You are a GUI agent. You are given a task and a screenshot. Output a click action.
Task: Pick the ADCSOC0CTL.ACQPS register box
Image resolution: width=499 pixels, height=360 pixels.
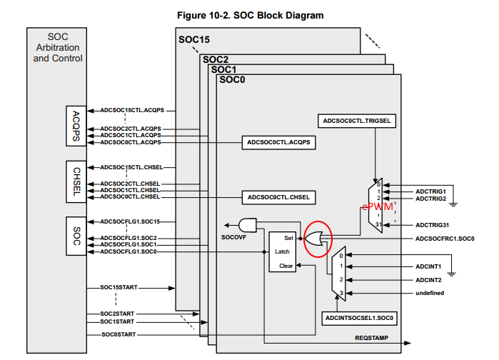[278, 142]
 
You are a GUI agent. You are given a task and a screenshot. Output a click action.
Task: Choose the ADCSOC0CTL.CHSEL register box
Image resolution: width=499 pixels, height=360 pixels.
[278, 196]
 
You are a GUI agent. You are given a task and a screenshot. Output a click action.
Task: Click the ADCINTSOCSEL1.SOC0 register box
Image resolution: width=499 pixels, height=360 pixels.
[360, 317]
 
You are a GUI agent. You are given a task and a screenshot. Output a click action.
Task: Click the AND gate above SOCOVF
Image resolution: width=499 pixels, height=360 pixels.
[248, 222]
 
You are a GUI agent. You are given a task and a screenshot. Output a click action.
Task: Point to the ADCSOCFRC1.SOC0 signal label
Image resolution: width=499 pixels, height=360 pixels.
[445, 238]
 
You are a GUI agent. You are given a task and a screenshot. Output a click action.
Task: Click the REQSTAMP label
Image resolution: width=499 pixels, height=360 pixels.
[371, 336]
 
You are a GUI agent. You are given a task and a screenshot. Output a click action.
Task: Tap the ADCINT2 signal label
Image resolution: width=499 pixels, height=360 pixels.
[428, 279]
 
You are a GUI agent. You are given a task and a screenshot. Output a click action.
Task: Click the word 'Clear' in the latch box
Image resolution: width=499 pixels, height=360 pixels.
[286, 266]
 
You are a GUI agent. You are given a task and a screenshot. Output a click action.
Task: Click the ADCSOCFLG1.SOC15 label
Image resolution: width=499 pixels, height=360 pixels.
[129, 221]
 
